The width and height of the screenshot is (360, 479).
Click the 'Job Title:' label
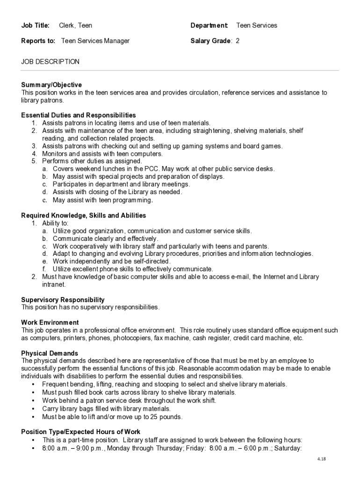[x=36, y=25]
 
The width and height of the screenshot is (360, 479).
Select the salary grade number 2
[x=238, y=41]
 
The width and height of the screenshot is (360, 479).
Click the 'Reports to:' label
[x=38, y=41]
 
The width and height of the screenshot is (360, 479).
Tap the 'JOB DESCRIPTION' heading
[x=50, y=62]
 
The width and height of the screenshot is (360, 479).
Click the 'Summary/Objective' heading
[x=51, y=85]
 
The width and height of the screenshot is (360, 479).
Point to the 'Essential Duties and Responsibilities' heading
[x=79, y=115]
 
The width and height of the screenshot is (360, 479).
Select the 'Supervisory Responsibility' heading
[x=63, y=299]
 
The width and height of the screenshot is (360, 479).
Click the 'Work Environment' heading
[x=50, y=322]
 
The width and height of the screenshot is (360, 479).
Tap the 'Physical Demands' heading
[x=50, y=353]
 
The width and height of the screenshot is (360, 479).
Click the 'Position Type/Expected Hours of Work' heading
[x=81, y=432]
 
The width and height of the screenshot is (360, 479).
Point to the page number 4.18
[x=321, y=459]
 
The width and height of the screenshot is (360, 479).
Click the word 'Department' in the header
[x=209, y=25]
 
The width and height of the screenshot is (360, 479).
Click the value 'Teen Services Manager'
[x=95, y=41]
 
